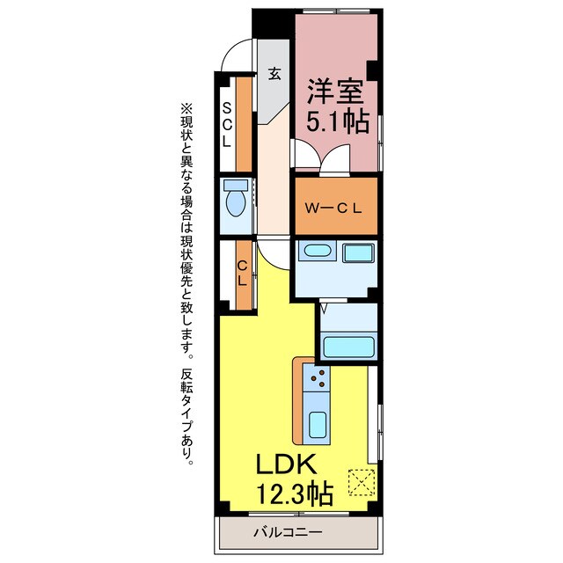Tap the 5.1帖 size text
tap(337, 121)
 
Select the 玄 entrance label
tap(274, 74)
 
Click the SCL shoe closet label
tap(227, 124)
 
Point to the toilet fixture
tap(235, 201)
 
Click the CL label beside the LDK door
tap(241, 274)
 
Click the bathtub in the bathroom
tap(347, 344)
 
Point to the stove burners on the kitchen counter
tap(318, 380)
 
